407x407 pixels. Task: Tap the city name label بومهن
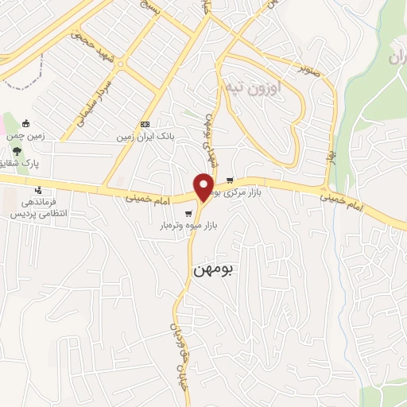coord(212,269)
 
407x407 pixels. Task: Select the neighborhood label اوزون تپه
coord(252,86)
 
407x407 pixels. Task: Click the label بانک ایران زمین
coord(144,137)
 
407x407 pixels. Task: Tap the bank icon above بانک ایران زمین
coord(144,124)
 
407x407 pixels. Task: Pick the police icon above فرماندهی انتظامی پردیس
coord(38,190)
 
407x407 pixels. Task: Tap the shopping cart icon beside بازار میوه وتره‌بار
coord(188,214)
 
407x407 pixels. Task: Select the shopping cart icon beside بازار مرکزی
coord(230,180)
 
